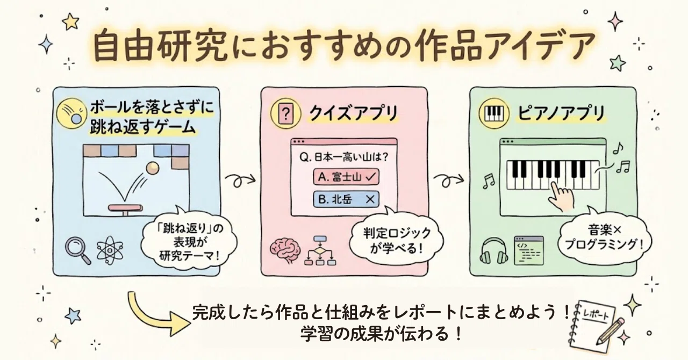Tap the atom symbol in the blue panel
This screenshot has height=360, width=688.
110,250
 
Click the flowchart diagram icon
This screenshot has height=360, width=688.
320,250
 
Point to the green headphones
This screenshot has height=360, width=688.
493,250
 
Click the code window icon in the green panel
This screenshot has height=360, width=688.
528,250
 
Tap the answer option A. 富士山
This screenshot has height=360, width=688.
346,177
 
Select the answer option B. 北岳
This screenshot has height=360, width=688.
346,199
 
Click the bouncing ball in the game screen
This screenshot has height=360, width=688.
153,168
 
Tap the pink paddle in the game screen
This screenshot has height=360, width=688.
126,209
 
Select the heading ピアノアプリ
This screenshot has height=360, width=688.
561,113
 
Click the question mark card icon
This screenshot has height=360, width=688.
285,113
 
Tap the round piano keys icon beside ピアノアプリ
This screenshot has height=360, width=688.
494,113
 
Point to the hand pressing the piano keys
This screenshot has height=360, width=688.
561,197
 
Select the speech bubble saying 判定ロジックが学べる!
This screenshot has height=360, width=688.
397,239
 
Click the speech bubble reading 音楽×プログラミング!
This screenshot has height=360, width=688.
604,236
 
